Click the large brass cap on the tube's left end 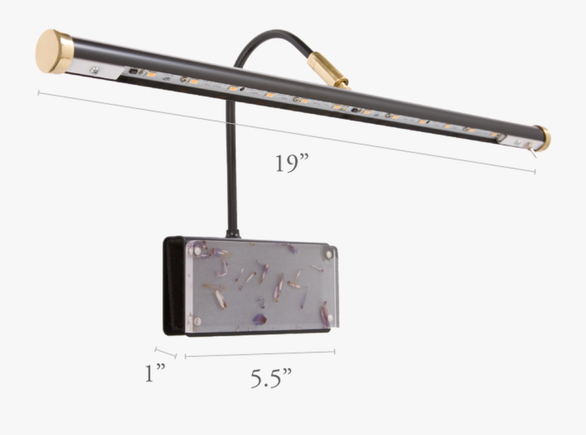pos(55,51)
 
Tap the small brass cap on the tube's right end pos(542,137)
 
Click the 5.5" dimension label pos(271,378)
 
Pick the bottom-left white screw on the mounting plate pos(193,320)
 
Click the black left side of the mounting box pos(173,287)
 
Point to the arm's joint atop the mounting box pos(231,233)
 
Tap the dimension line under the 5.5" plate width pos(260,354)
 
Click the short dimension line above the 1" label pos(165,352)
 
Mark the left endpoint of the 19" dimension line pos(39,93)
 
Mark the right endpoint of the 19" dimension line pos(535,172)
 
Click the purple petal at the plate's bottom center pos(258,318)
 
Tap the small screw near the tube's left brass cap pos(95,70)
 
